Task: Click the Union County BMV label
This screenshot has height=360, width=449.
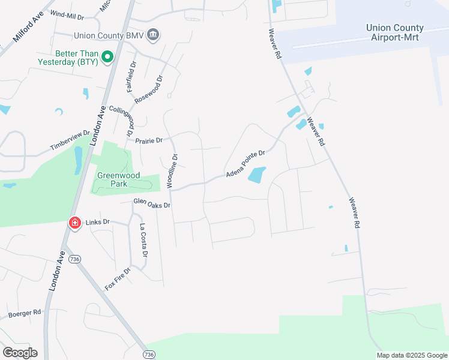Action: [109, 36]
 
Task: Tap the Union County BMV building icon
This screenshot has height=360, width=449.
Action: [153, 35]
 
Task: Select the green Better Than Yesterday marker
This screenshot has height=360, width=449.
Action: [107, 58]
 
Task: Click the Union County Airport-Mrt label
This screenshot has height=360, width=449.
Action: [394, 32]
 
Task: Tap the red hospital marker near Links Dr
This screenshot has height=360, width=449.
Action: [75, 223]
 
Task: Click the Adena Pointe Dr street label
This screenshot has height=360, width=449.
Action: [246, 164]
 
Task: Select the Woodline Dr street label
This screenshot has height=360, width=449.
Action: [173, 172]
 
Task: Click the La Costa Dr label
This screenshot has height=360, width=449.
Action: [143, 240]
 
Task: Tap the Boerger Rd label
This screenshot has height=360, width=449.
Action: [24, 313]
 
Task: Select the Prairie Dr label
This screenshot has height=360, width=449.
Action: [150, 140]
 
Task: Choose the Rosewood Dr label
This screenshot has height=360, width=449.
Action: [149, 89]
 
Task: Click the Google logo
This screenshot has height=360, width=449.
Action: [20, 352]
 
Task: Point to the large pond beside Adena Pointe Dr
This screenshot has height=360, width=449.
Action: [256, 175]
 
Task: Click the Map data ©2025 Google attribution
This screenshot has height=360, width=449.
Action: [412, 355]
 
